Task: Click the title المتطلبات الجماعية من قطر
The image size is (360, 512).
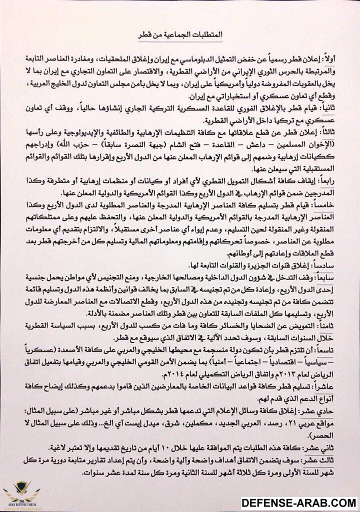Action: (180, 37)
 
